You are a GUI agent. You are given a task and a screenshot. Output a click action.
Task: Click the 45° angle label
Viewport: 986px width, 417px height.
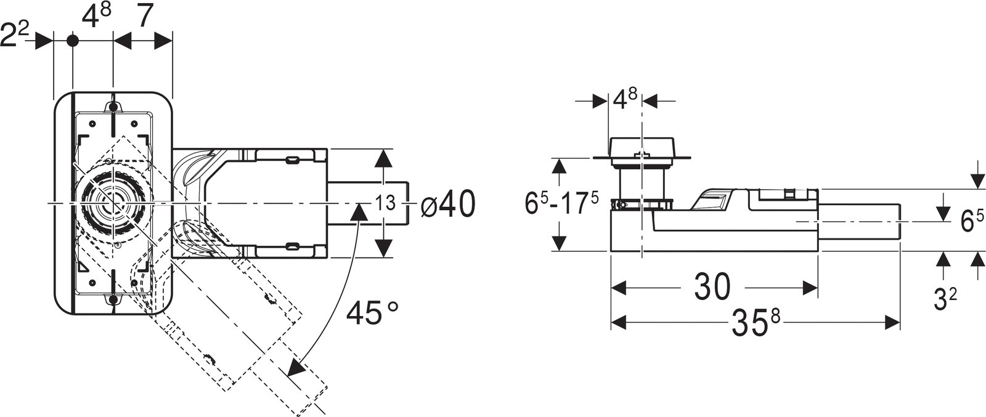(372, 313)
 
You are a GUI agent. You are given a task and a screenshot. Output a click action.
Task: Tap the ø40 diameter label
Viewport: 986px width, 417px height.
(447, 204)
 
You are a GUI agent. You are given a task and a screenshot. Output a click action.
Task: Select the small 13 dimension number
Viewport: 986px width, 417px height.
(385, 203)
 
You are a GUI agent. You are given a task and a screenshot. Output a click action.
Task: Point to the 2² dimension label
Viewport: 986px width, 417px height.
(15, 34)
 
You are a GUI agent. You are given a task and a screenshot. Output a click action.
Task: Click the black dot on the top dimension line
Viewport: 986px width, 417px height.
(72, 41)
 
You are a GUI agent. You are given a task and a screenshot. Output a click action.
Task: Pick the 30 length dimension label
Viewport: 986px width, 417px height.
(712, 287)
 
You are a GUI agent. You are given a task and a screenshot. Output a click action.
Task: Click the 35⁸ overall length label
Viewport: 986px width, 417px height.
(756, 322)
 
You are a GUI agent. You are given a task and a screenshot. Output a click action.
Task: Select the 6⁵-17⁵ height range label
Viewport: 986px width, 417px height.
(561, 204)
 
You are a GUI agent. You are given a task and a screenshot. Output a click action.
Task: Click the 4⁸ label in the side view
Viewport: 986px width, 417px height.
(625, 101)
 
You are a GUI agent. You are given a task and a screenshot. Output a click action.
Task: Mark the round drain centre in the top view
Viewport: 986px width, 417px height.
(113, 203)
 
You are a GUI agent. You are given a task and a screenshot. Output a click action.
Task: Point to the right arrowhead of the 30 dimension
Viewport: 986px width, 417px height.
(810, 288)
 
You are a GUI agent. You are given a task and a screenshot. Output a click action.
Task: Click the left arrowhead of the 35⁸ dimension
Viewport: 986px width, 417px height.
(619, 322)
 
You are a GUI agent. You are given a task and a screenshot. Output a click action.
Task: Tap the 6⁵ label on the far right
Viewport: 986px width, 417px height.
(972, 221)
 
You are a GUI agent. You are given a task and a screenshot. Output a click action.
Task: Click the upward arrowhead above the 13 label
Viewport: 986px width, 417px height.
(384, 158)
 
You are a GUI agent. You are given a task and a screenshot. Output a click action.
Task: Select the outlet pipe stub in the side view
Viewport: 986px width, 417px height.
(859, 222)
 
